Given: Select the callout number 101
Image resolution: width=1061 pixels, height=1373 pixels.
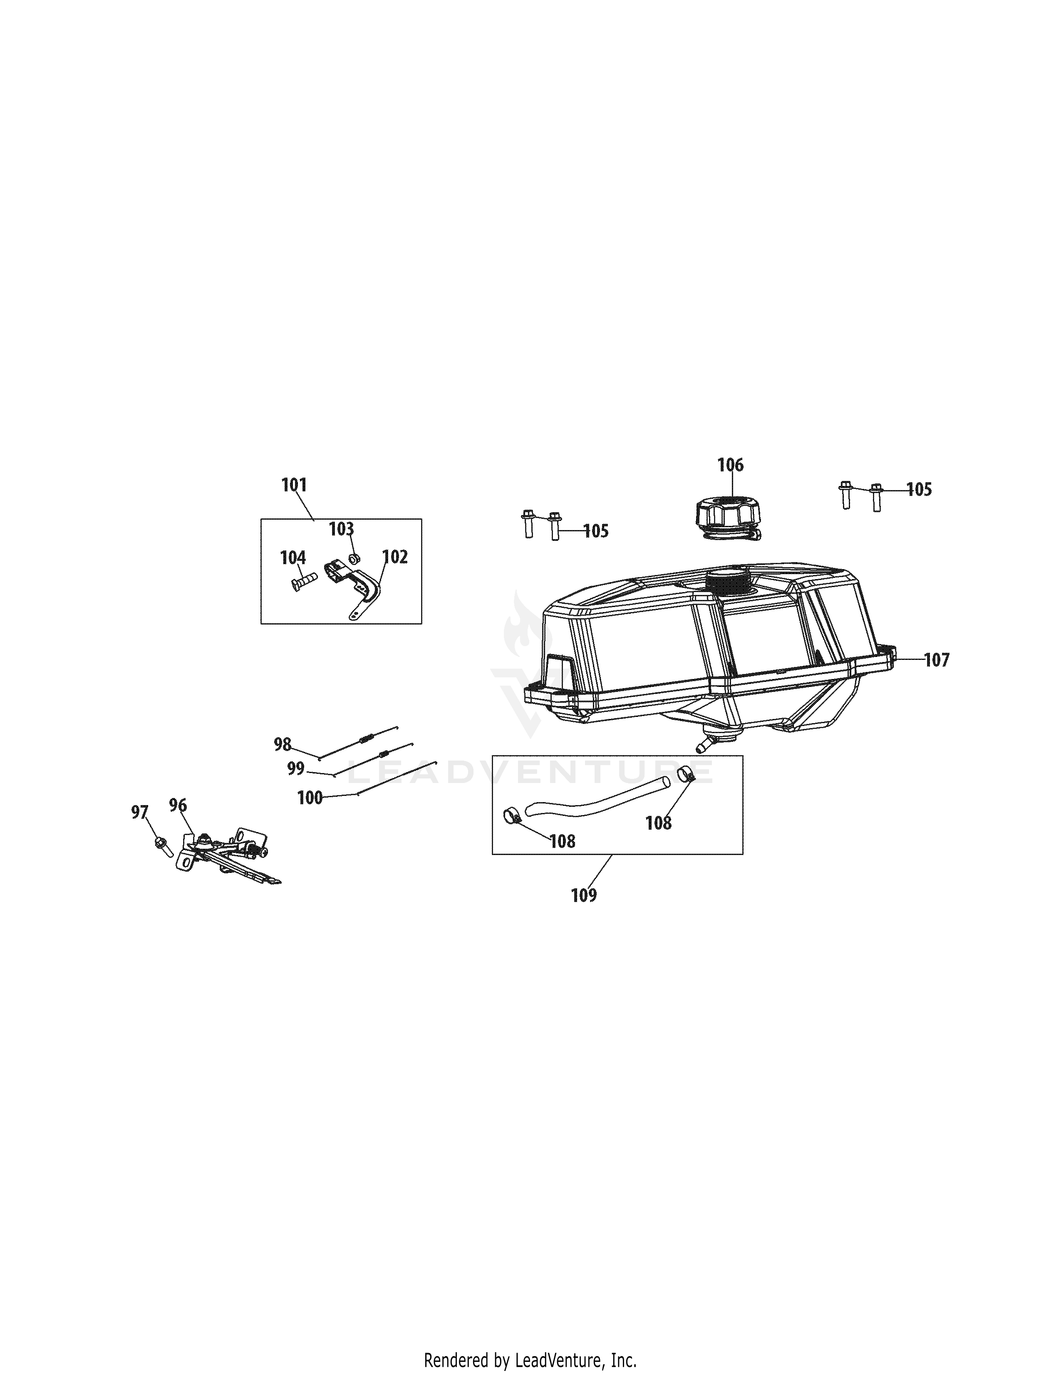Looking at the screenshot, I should tap(294, 485).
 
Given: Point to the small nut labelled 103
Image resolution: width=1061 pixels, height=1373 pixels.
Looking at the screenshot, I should tap(354, 558).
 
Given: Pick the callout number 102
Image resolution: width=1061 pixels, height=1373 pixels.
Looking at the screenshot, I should tap(395, 557).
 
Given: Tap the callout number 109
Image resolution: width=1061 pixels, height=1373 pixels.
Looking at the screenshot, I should tap(584, 895).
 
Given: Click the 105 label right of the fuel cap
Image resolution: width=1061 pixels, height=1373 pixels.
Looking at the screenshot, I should tap(919, 489).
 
